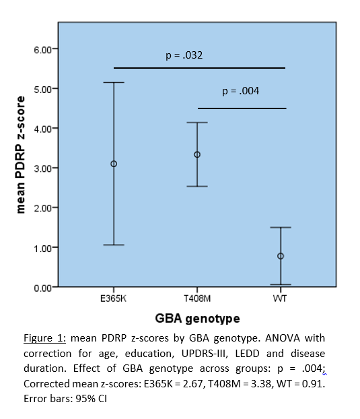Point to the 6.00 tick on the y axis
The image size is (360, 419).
(55, 49)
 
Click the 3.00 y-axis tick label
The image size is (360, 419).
(42, 168)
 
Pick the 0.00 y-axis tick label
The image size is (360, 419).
(42, 288)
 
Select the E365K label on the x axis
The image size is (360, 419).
(113, 298)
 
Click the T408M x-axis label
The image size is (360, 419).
(197, 298)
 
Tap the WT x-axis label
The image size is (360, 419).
(280, 298)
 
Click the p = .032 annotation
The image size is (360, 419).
(184, 55)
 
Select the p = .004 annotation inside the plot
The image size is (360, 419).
(241, 91)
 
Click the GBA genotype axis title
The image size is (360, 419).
(197, 319)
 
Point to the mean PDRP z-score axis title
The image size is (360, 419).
(20, 155)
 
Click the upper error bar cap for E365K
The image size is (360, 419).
(114, 82)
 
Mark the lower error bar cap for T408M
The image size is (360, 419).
(197, 186)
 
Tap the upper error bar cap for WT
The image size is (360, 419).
(281, 228)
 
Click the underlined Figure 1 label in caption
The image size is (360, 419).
(44, 338)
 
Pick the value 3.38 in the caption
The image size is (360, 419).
(262, 384)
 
